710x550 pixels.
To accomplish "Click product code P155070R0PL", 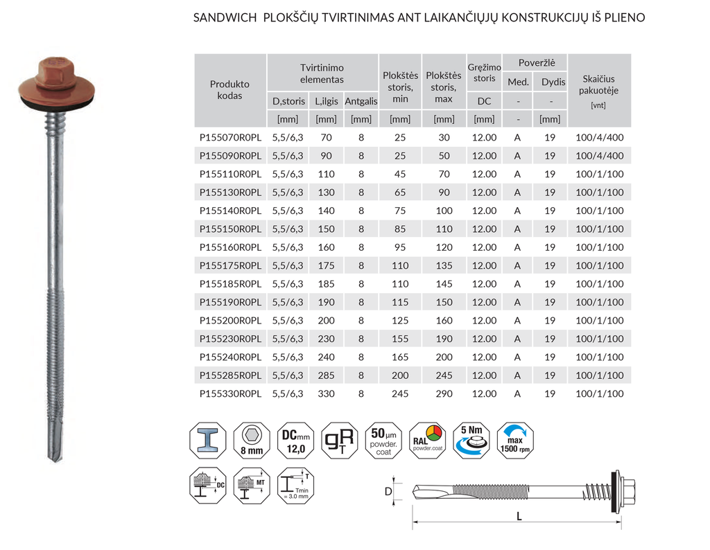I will pos(230,138).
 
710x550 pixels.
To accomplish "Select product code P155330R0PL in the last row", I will pos(230,394).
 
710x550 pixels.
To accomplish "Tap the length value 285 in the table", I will pos(326,375).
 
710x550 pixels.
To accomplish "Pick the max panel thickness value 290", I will pos(444,394).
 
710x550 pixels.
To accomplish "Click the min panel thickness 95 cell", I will pos(400,247).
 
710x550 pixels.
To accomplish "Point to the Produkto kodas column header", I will pos(230,90).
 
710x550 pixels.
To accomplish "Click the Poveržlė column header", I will pos(532,63).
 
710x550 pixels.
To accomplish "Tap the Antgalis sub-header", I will pos(361,101).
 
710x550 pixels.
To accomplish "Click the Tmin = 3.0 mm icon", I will pos(295,488).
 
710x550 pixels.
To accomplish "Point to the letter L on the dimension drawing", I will pos(519,516).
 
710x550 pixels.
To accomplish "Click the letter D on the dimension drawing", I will pos(388,492).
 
